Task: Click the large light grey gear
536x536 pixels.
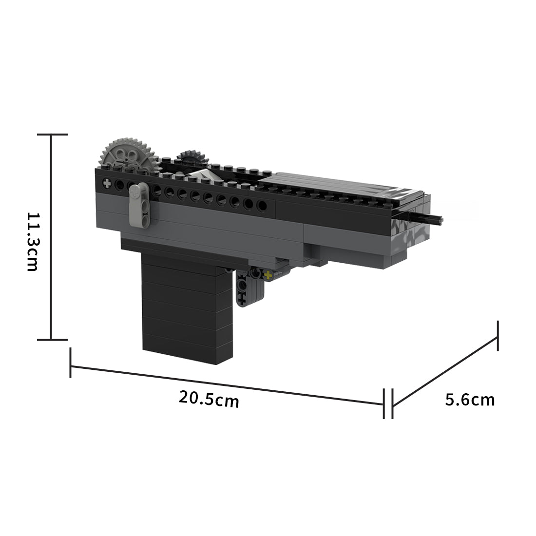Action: pyautogui.click(x=128, y=156)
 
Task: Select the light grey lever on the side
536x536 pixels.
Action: pyautogui.click(x=139, y=204)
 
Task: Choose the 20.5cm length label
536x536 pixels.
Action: pyautogui.click(x=209, y=399)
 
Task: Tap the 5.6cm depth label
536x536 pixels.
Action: pyautogui.click(x=470, y=400)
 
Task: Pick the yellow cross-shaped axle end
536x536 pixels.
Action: pyautogui.click(x=267, y=276)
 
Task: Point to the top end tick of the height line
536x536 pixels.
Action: pyautogui.click(x=52, y=134)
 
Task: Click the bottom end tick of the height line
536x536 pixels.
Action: pyautogui.click(x=52, y=339)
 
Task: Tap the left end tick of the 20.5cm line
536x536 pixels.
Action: pyautogui.click(x=71, y=363)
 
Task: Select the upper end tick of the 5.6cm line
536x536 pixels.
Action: pyautogui.click(x=498, y=336)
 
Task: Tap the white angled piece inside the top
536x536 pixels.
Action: pyautogui.click(x=199, y=176)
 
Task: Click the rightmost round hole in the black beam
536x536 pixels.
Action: pyautogui.click(x=262, y=206)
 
